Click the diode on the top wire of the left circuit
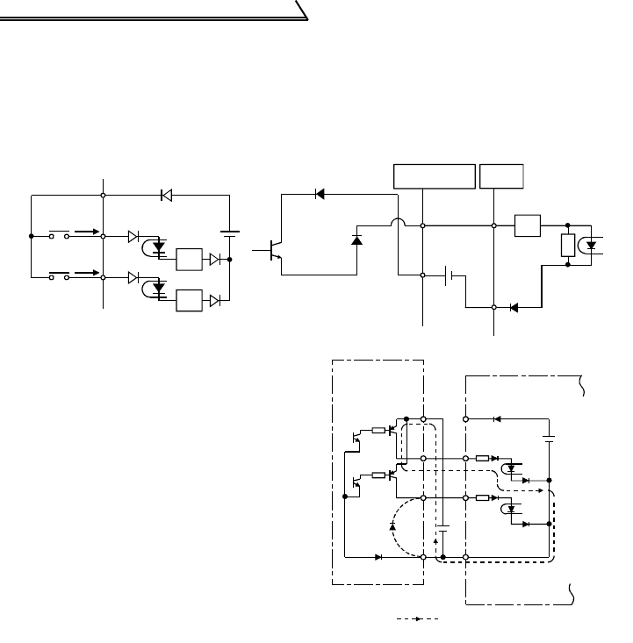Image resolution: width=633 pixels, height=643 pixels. (166, 195)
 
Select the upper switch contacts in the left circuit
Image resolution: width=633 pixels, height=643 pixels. (59, 235)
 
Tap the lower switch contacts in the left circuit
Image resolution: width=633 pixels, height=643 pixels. (59, 276)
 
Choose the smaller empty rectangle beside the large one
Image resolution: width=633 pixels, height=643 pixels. (501, 175)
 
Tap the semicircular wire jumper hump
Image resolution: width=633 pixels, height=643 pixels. (398, 225)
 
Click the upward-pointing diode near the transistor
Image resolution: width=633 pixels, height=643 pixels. (356, 239)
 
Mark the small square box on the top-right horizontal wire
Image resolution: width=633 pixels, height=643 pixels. (529, 225)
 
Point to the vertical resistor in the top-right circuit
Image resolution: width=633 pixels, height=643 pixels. (567, 245)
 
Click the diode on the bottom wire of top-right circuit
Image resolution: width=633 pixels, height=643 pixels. (514, 307)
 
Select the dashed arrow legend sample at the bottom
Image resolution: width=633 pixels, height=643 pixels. (417, 619)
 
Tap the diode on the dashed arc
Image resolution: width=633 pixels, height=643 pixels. (392, 525)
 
